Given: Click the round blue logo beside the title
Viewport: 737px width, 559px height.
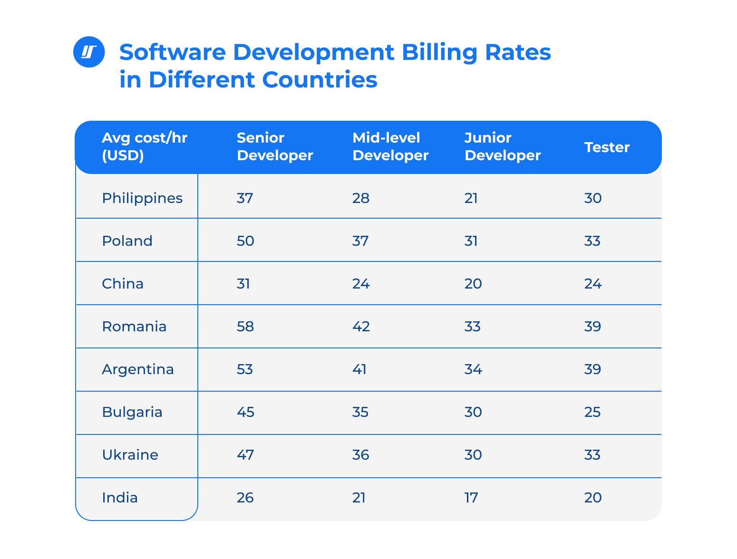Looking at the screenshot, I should (x=89, y=52).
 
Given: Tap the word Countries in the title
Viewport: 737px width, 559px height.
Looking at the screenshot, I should (x=320, y=79).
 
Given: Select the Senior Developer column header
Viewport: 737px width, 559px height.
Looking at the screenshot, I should (x=274, y=147).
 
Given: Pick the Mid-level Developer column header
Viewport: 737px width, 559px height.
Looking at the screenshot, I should (x=390, y=147).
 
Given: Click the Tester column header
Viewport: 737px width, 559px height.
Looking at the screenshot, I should (x=607, y=147).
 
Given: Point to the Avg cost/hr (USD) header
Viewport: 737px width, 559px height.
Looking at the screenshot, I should (x=145, y=147).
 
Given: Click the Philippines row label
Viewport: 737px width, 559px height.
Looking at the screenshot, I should (x=142, y=198).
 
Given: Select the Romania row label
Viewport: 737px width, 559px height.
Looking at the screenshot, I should (x=134, y=327).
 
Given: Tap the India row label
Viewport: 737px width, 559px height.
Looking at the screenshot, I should (x=120, y=498).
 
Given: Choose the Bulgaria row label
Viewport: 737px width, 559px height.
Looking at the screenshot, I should (x=132, y=412).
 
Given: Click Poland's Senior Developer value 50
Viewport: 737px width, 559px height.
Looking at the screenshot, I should (x=245, y=241).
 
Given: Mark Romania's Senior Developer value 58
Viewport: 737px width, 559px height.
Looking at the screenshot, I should (x=245, y=327).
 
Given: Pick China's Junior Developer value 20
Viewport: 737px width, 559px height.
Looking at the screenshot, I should (x=473, y=284).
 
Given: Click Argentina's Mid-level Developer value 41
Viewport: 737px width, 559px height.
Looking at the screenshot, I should (x=359, y=369).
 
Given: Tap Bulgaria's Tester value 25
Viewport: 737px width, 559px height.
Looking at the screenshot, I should (x=593, y=412).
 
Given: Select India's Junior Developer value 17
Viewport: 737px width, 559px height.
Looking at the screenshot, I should (x=471, y=498).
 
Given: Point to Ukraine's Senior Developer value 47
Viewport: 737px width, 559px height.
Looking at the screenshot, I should (x=245, y=455).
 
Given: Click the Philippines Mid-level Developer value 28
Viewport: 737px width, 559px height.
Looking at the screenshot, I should (x=361, y=198).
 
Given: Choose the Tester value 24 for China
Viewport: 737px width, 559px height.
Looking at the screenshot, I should (x=593, y=284).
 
